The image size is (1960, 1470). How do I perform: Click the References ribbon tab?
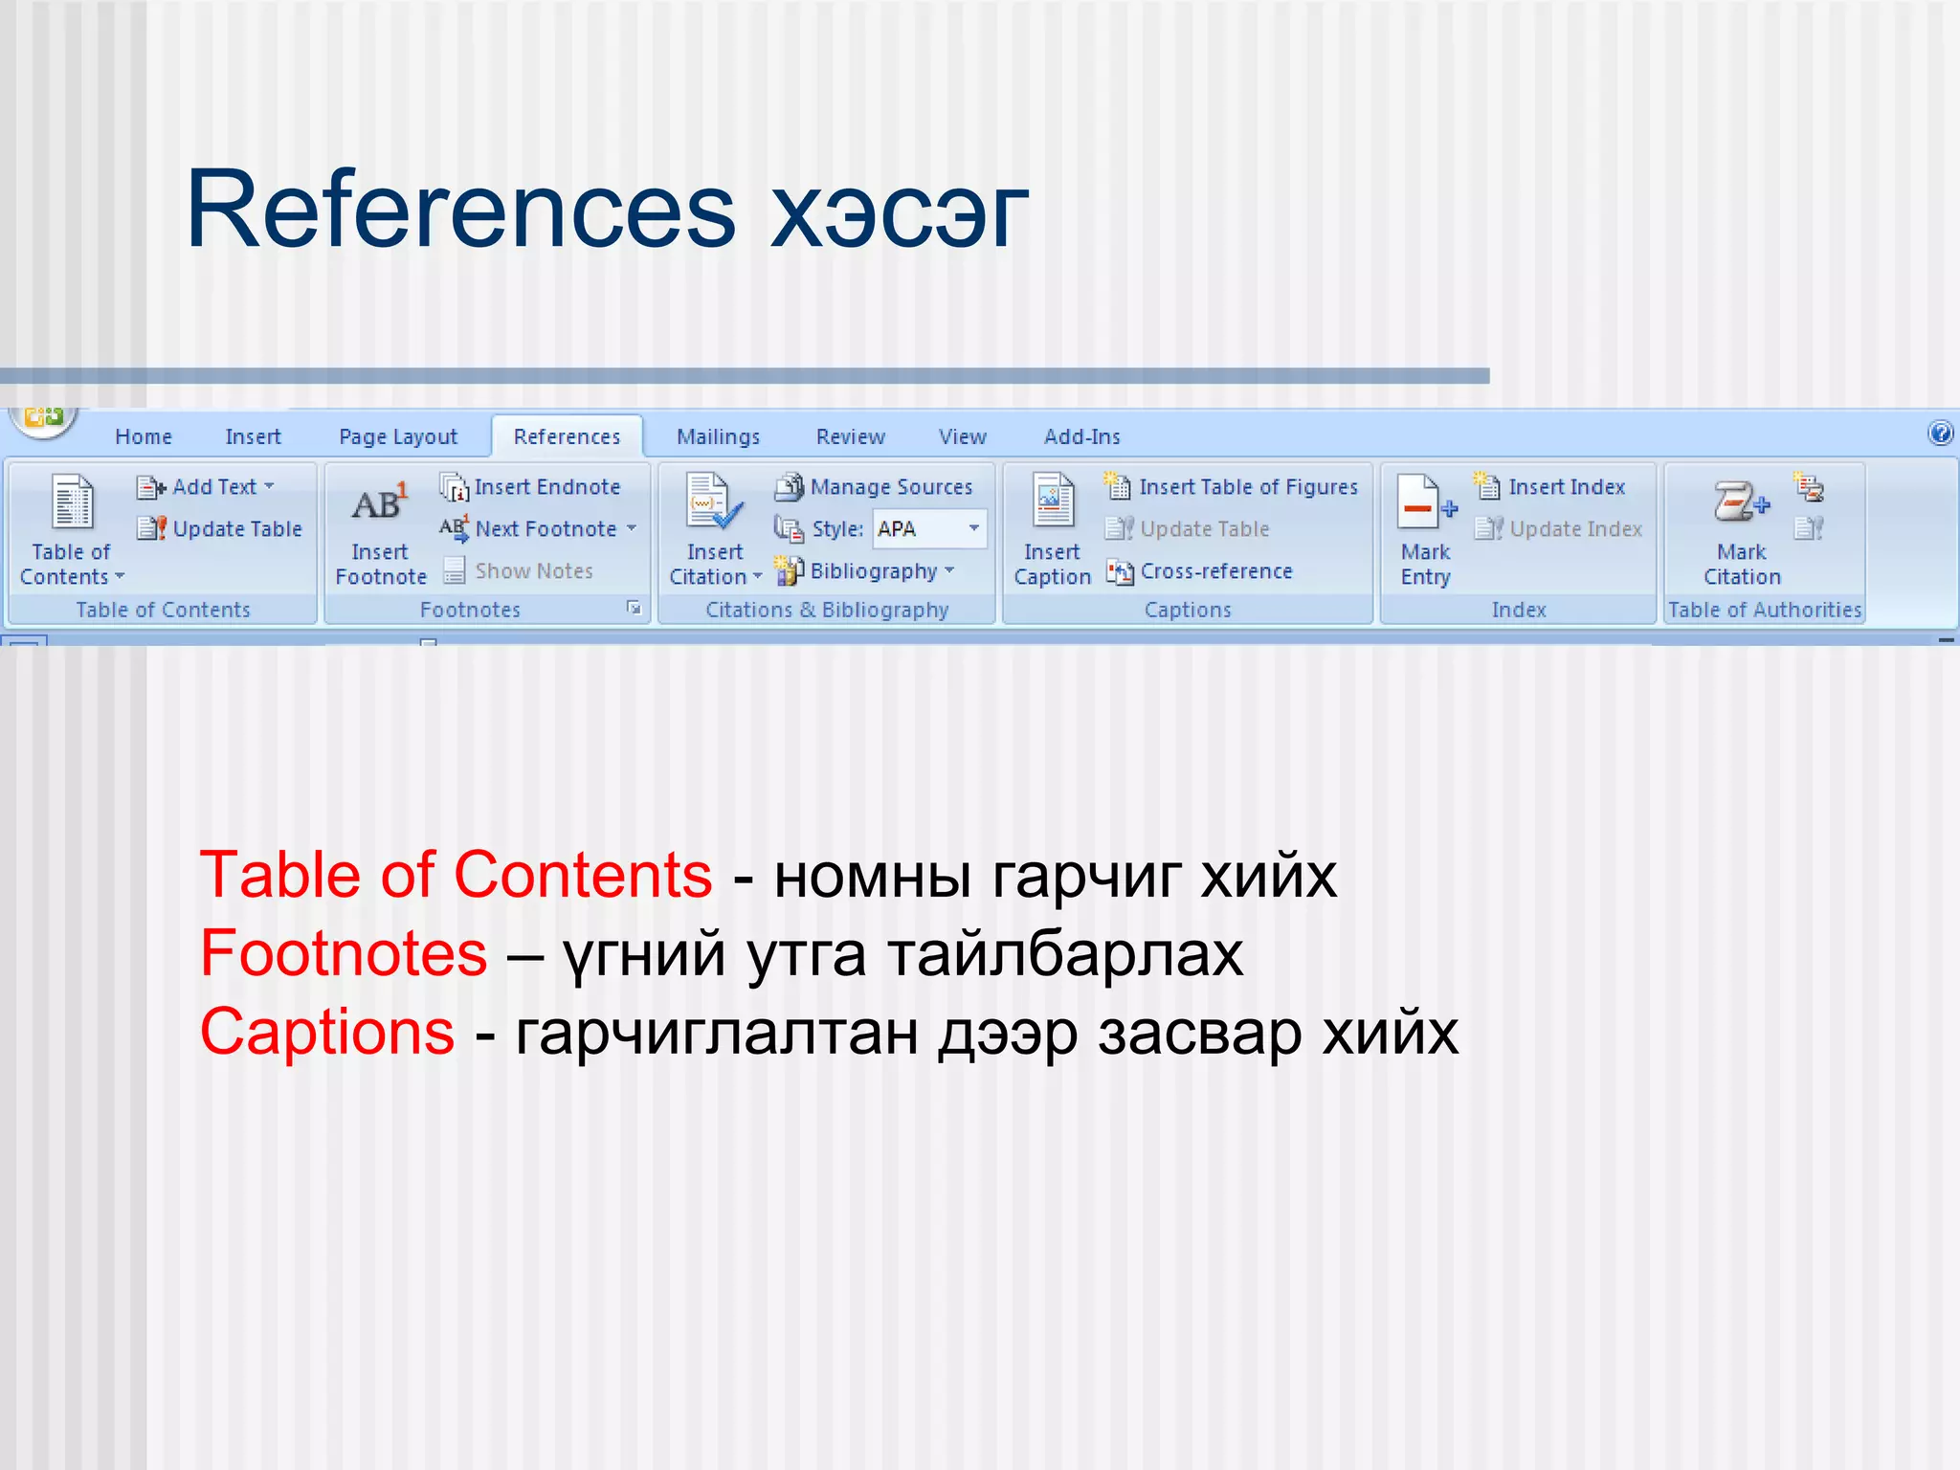[567, 436]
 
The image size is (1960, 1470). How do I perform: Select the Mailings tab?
[718, 436]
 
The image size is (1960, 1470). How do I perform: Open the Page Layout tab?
[398, 436]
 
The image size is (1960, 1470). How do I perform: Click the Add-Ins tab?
[1081, 436]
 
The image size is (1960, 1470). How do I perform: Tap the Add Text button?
[206, 487]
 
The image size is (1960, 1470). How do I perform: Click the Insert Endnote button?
[531, 487]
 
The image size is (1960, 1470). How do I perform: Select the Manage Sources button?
[875, 487]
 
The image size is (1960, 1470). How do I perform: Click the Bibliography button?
[865, 571]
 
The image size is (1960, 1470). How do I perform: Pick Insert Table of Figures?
[1232, 487]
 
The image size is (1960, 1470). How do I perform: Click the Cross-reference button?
[1200, 571]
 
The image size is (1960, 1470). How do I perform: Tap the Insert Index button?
[1550, 487]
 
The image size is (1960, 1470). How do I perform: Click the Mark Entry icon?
[1425, 504]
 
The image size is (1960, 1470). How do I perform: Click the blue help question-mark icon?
[1940, 434]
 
